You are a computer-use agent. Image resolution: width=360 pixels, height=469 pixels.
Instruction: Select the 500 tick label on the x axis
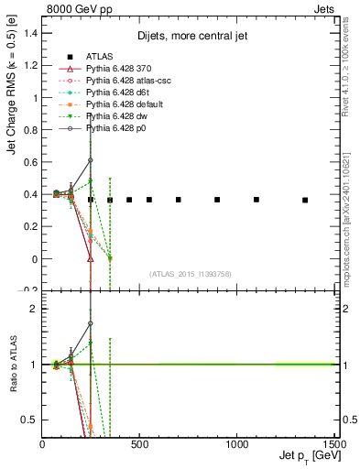click(139, 444)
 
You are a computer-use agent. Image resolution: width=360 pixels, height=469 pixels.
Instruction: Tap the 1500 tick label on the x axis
click(333, 444)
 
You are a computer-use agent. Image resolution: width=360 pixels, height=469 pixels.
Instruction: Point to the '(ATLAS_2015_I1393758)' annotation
click(191, 272)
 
